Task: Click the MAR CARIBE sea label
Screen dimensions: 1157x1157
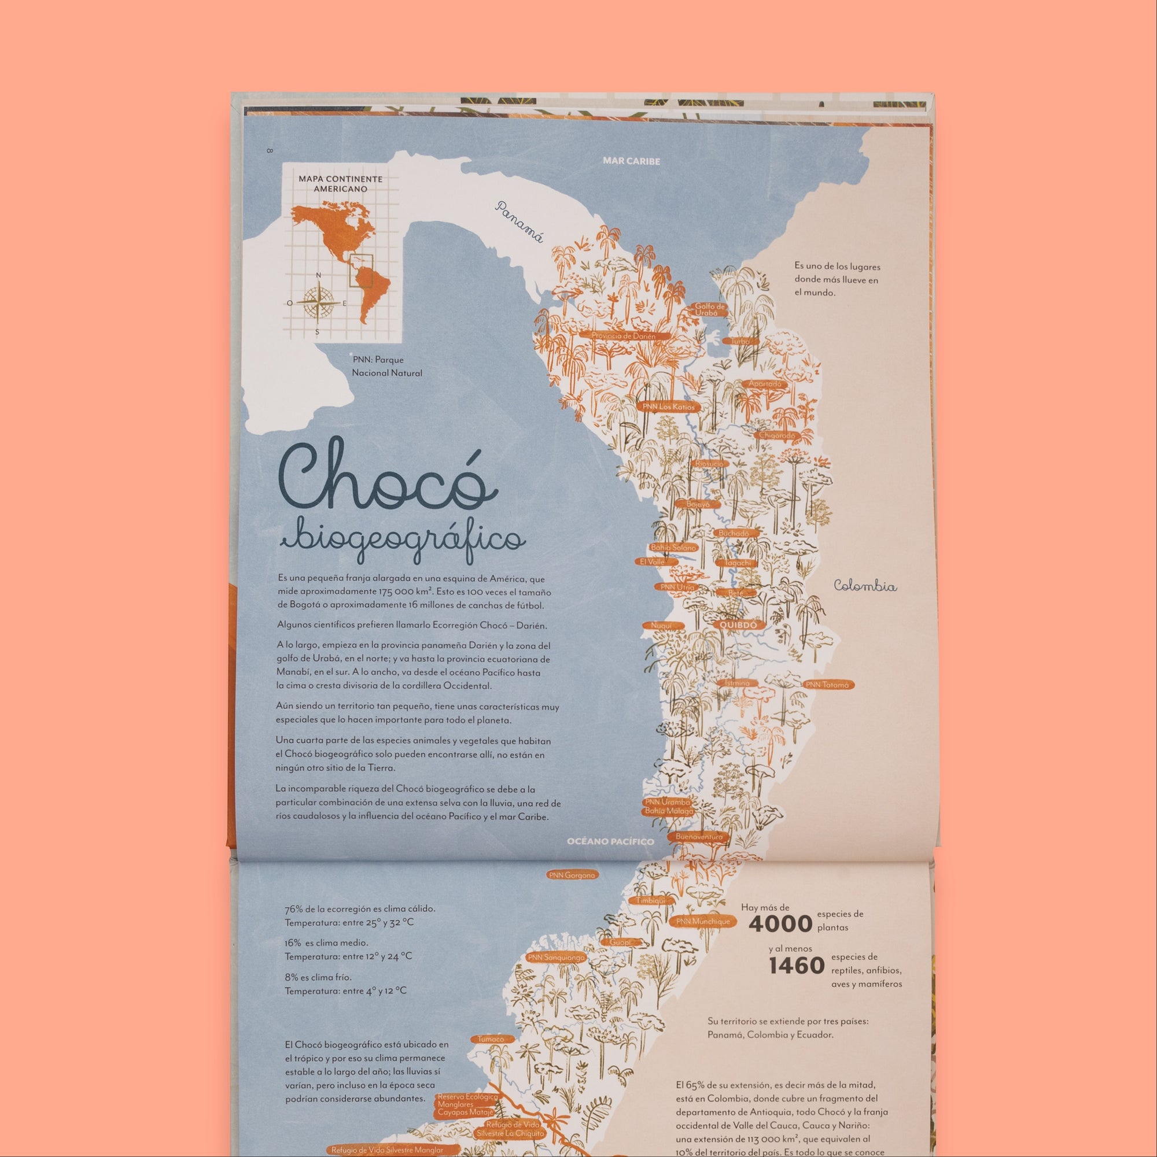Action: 631,161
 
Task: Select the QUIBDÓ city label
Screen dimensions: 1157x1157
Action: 739,624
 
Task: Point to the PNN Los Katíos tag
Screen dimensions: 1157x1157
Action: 668,406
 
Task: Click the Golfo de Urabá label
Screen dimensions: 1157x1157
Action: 710,309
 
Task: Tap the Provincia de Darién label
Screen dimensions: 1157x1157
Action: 623,336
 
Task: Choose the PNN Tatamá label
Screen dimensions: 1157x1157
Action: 827,685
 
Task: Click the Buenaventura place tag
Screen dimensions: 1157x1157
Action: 699,837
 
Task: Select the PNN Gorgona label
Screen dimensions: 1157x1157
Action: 572,875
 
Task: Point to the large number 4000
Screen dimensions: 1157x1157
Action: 780,924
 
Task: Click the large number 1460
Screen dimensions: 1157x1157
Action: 796,966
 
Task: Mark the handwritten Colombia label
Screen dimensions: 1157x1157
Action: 865,586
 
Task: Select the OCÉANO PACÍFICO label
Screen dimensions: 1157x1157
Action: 610,841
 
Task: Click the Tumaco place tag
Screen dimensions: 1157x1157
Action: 491,1039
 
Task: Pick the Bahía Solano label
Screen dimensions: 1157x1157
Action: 673,548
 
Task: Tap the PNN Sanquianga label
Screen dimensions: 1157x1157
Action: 556,958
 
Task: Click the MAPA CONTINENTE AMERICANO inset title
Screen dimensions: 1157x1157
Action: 340,183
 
